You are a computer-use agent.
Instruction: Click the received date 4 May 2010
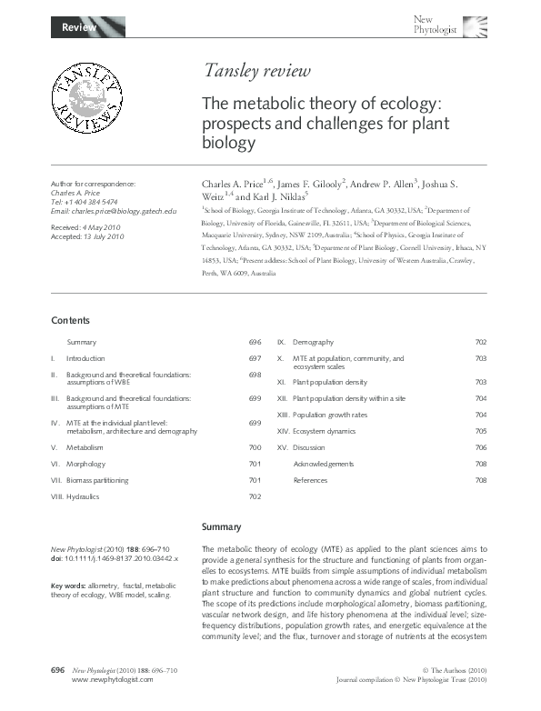coord(105,224)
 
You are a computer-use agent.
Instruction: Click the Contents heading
coord(70,320)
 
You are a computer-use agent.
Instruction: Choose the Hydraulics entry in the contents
coord(83,496)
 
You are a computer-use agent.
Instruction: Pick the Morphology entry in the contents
coord(85,464)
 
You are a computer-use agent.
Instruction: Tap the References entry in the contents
coord(310,480)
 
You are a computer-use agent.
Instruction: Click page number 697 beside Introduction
coord(255,359)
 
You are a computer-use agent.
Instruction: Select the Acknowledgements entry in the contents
coord(323,464)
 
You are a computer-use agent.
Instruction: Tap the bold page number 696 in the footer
coord(56,670)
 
